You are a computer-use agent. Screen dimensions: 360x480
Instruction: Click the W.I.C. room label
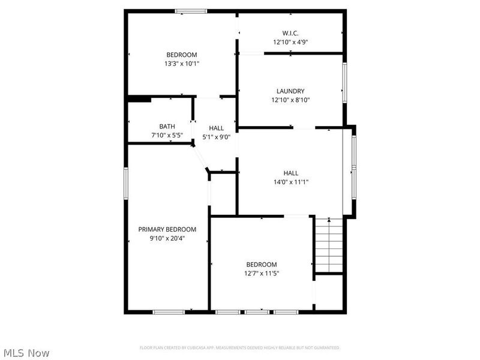pyautogui.click(x=290, y=33)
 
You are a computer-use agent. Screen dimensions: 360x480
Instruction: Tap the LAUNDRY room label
pyautogui.click(x=290, y=91)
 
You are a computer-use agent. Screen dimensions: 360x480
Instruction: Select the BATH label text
pyautogui.click(x=167, y=127)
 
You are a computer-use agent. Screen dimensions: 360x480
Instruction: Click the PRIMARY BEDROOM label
pyautogui.click(x=167, y=229)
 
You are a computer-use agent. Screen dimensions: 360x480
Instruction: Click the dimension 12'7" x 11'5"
pyautogui.click(x=262, y=273)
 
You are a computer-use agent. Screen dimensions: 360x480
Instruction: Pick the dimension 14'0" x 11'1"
pyautogui.click(x=291, y=182)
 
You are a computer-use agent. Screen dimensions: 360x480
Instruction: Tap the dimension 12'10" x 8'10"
pyautogui.click(x=290, y=100)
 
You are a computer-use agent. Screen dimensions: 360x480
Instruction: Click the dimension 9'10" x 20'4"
pyautogui.click(x=167, y=238)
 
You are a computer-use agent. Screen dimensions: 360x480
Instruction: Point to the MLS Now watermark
pyautogui.click(x=26, y=353)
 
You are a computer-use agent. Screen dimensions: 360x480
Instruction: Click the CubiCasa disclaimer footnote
pyautogui.click(x=239, y=347)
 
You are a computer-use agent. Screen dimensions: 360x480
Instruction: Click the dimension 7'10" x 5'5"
pyautogui.click(x=167, y=136)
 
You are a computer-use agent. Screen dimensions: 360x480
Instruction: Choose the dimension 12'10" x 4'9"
pyautogui.click(x=290, y=42)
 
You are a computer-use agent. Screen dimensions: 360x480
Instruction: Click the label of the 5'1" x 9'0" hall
pyautogui.click(x=216, y=128)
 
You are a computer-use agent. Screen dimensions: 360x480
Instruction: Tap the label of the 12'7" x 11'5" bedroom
pyautogui.click(x=262, y=265)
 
